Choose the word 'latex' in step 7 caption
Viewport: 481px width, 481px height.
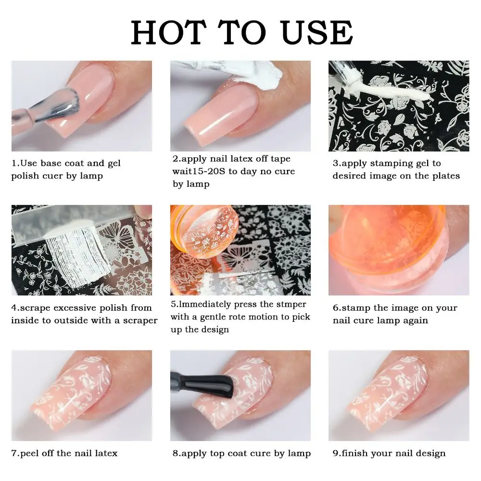coord(102,453)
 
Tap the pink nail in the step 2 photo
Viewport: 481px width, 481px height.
coord(226,115)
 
